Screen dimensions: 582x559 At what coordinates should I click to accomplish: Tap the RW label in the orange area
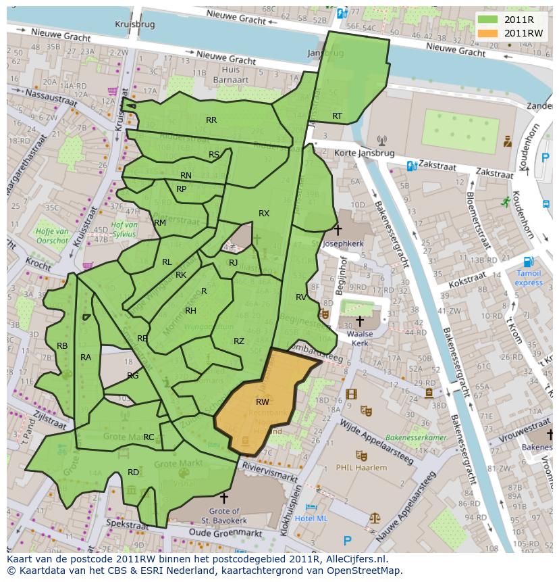point(263,402)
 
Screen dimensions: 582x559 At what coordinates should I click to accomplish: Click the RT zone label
point(337,116)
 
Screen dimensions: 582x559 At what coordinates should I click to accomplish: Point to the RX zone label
point(264,214)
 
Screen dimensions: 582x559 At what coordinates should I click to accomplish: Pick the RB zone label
point(62,346)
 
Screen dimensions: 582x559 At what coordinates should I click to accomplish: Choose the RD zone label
point(134,472)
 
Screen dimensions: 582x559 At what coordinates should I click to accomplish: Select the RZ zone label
point(239,341)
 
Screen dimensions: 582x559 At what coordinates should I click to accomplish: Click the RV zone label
point(301,297)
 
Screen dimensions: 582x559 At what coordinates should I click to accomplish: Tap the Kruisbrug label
point(135,24)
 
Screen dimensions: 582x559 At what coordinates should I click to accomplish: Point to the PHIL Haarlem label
point(363,467)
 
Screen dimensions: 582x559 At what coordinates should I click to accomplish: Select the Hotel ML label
point(311,518)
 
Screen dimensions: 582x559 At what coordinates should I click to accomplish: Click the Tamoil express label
point(529,278)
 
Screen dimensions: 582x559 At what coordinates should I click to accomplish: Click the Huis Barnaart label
point(230,74)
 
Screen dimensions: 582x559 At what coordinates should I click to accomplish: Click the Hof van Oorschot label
point(52,236)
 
